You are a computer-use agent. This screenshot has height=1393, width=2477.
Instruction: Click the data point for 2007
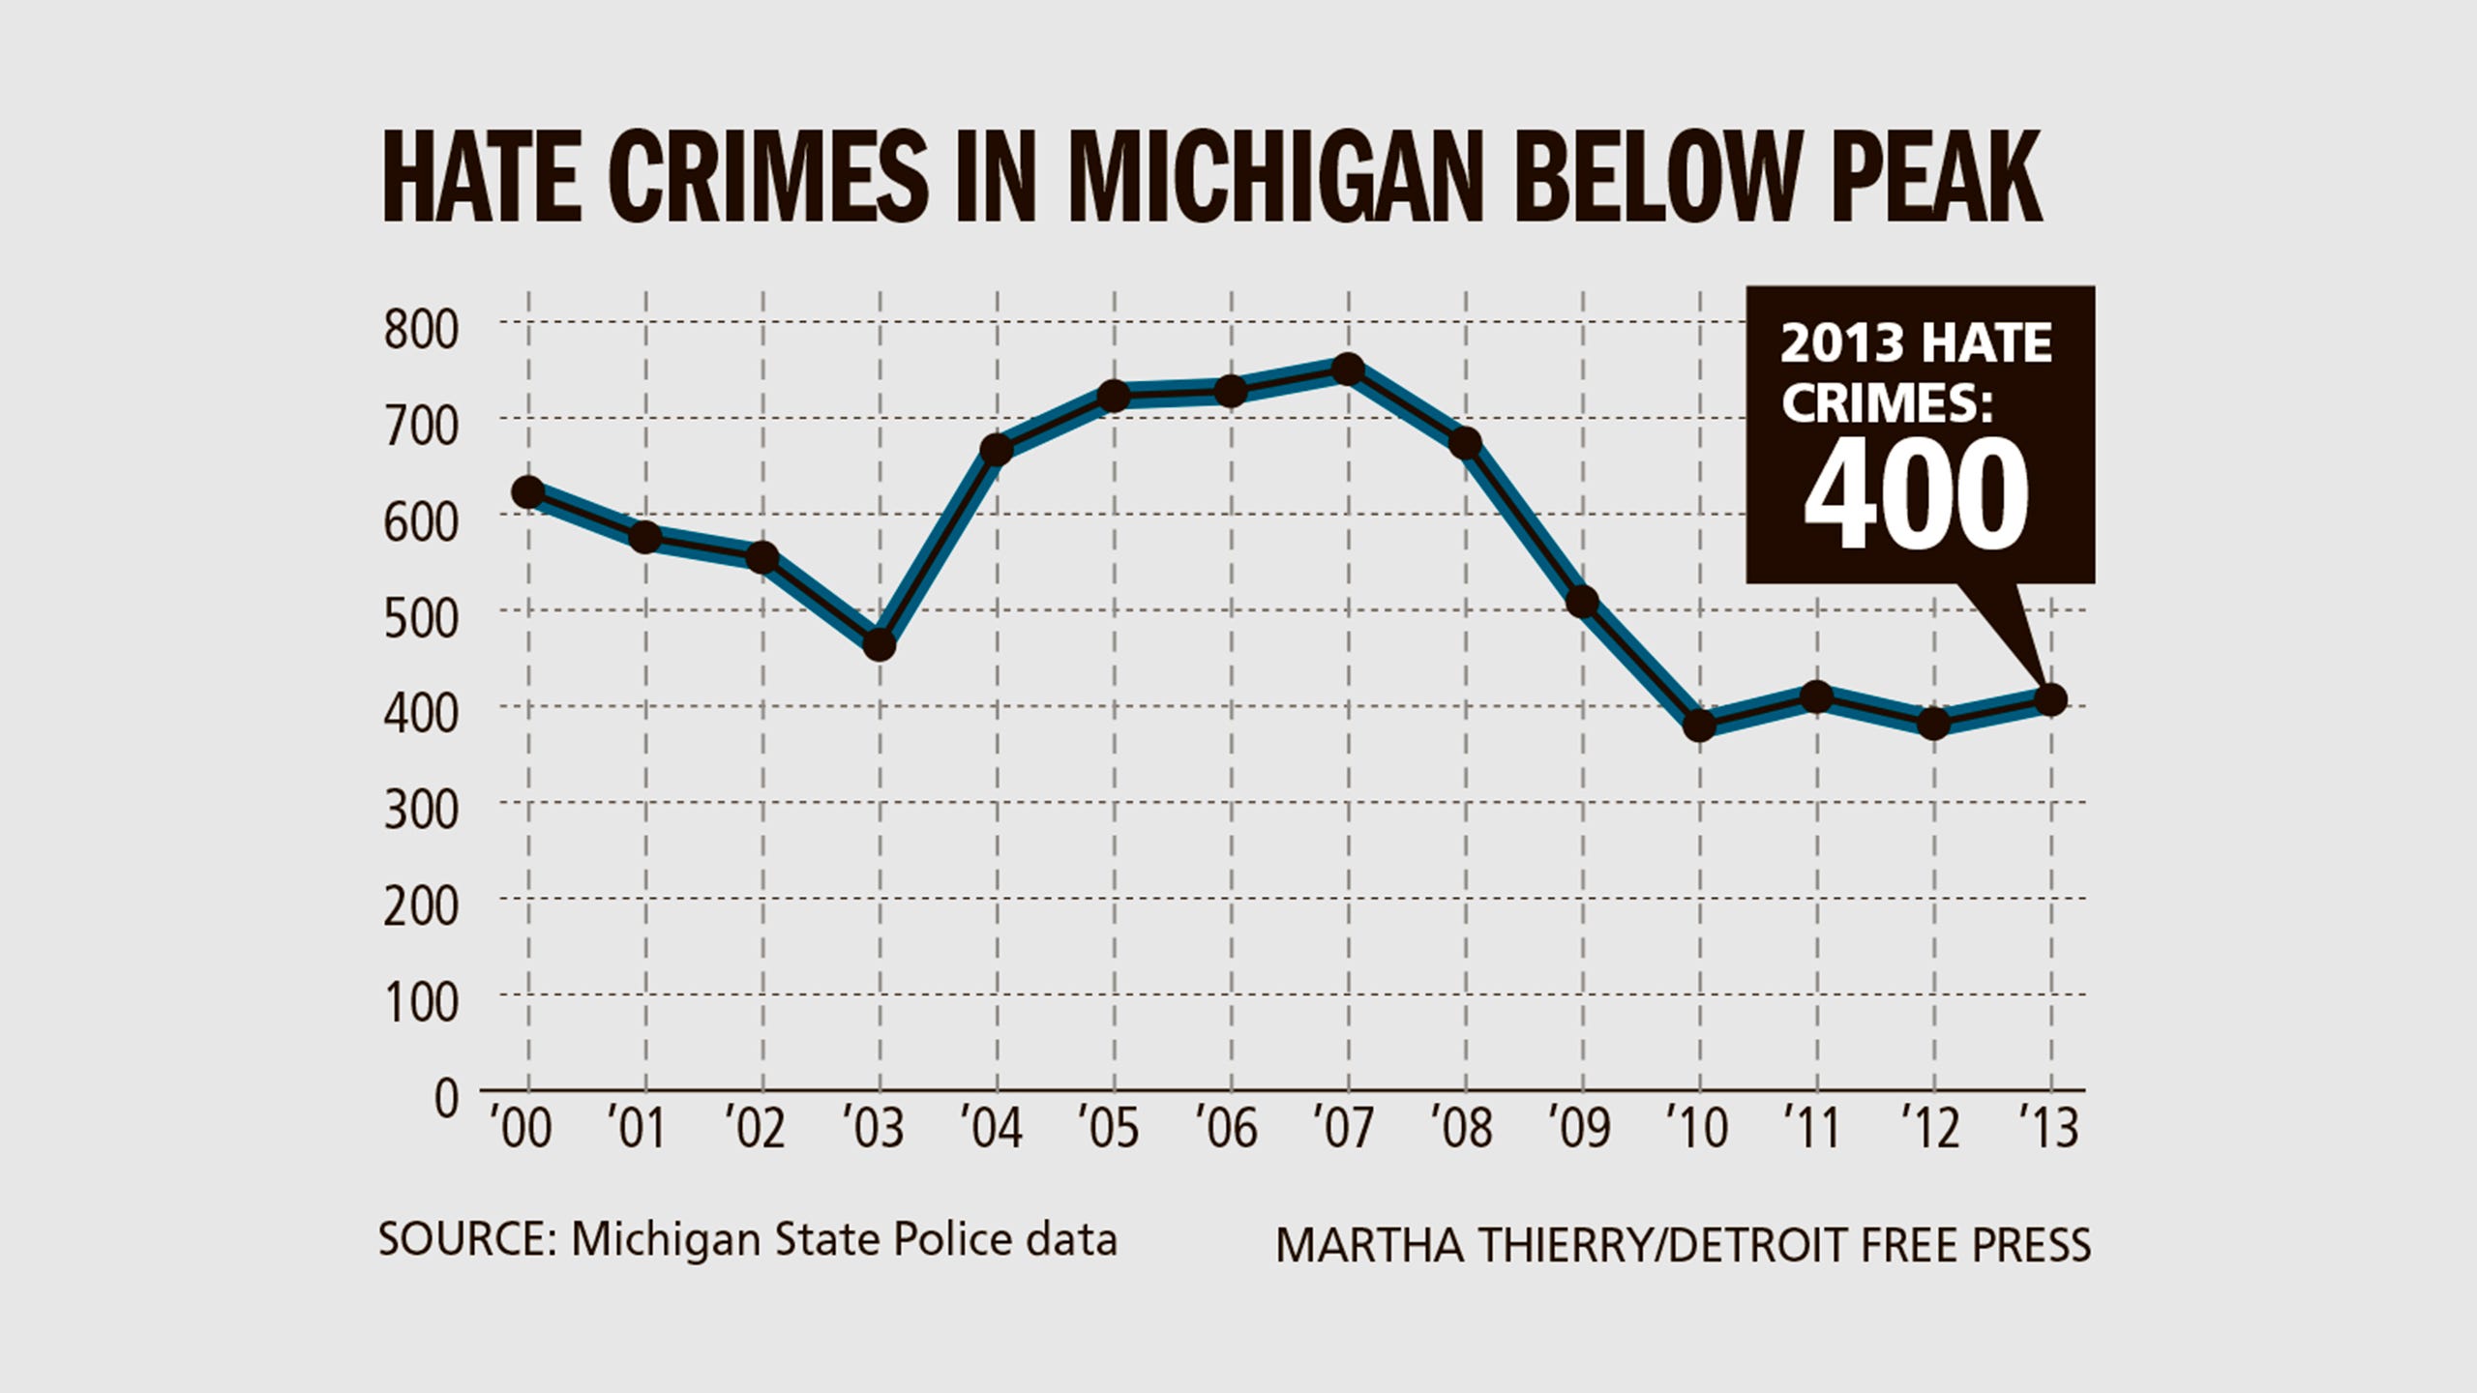1347,369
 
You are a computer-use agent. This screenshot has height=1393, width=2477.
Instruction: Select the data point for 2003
879,644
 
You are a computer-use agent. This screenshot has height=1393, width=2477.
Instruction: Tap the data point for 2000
527,492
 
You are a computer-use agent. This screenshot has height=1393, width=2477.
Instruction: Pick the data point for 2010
1699,725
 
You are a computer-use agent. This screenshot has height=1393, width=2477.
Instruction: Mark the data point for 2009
1582,602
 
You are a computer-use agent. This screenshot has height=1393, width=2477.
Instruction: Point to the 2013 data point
2050,699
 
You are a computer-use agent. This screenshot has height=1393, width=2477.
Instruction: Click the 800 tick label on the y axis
421,330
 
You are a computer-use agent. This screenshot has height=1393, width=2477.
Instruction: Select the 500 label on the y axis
421,618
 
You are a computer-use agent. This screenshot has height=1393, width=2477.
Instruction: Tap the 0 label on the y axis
446,1099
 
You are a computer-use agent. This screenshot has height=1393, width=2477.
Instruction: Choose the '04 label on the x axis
991,1128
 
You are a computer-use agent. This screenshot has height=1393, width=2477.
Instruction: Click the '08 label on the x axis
1463,1128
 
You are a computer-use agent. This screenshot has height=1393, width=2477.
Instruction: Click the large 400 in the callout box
1916,495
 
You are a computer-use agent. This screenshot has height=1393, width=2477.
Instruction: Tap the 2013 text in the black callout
1842,345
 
